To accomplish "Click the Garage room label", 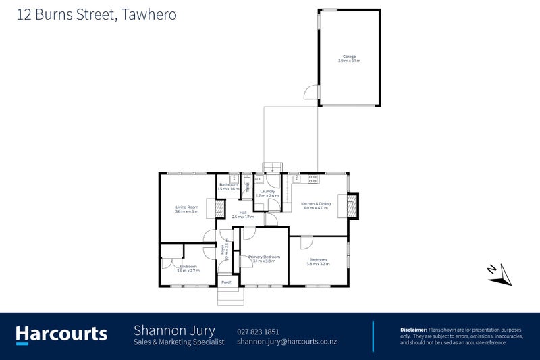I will (x=349, y=57).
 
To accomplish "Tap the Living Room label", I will (x=186, y=207).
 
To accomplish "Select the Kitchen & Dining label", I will (x=315, y=203).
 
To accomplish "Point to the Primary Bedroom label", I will (x=264, y=257).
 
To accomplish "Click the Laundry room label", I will (x=267, y=191).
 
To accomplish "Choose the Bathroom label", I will (x=227, y=184).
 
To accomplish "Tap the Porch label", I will (x=227, y=282).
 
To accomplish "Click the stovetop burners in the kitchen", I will (x=313, y=178).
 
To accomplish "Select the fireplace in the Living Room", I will (x=219, y=209).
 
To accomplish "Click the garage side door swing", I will (x=311, y=94).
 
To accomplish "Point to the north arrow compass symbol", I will (x=500, y=272).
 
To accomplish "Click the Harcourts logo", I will (x=61, y=334).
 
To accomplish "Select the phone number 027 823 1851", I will (x=259, y=332).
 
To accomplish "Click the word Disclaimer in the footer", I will (x=413, y=329).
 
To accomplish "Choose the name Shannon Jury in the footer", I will (x=174, y=330).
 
